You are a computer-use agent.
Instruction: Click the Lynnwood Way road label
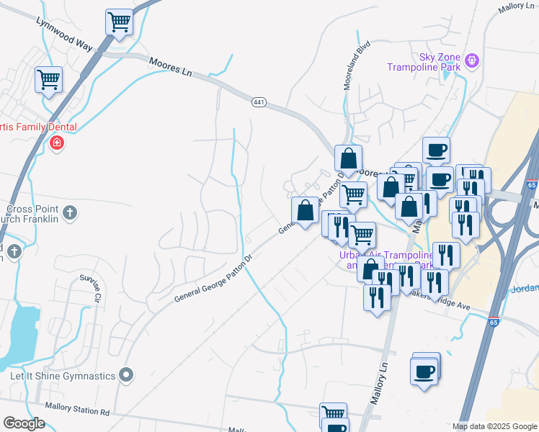coord(65,34)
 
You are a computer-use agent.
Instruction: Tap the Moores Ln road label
coord(171,69)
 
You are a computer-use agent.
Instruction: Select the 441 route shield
coord(259,102)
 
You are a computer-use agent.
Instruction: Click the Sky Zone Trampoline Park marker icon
coord(472,60)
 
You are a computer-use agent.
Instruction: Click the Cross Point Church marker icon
coord(69,212)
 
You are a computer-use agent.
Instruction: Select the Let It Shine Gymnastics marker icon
coord(127,374)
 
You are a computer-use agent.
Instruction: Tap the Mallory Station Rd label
coord(77,413)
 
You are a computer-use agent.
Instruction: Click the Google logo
coord(24,423)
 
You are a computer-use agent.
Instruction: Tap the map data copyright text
coord(495,426)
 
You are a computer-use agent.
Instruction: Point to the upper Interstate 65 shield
coord(532,185)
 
